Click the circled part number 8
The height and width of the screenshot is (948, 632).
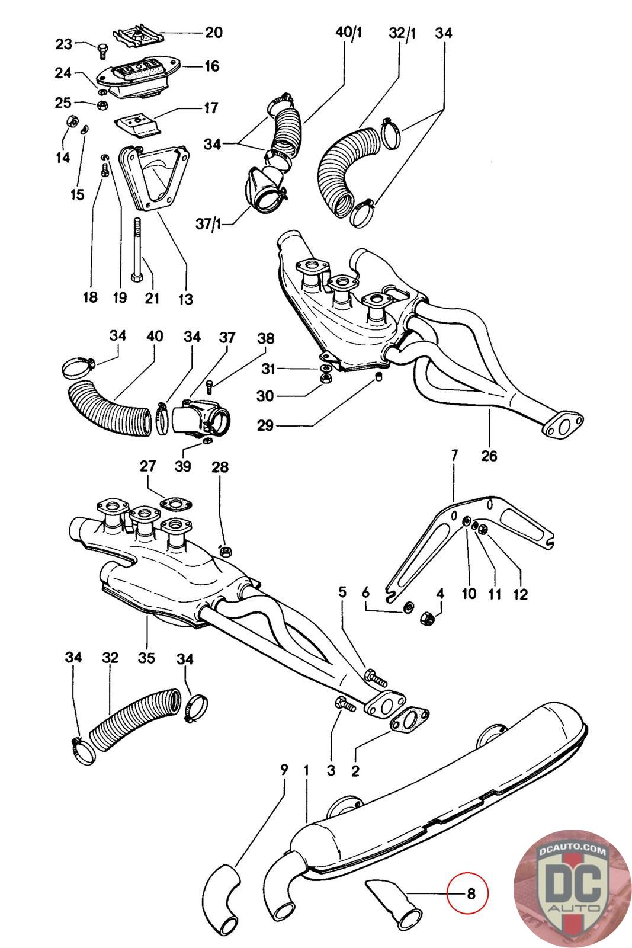(471, 892)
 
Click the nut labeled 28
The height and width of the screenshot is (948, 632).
(225, 551)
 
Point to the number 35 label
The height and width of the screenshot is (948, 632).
(146, 658)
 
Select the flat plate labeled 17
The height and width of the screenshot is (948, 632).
(137, 123)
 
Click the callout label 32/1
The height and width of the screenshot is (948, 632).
(402, 33)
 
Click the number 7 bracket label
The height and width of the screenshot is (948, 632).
(454, 456)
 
